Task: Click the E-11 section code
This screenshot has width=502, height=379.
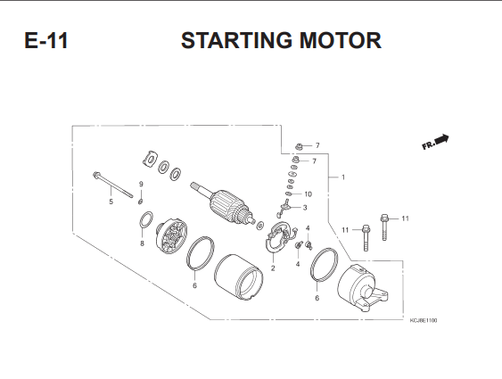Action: coord(46,41)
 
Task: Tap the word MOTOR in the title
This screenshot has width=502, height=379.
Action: coord(341,41)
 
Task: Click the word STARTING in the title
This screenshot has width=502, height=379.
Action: coord(236,41)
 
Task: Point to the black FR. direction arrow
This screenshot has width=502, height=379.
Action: coord(442,139)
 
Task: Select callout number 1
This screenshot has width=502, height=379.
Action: coord(343,177)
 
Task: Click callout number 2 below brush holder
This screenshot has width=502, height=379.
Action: coord(273,268)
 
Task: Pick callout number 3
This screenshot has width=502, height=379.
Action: coord(305,208)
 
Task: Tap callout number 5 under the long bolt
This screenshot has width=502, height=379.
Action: coord(111,202)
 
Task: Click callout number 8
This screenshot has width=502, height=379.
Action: coord(142,243)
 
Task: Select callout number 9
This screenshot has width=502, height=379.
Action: coord(141,184)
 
